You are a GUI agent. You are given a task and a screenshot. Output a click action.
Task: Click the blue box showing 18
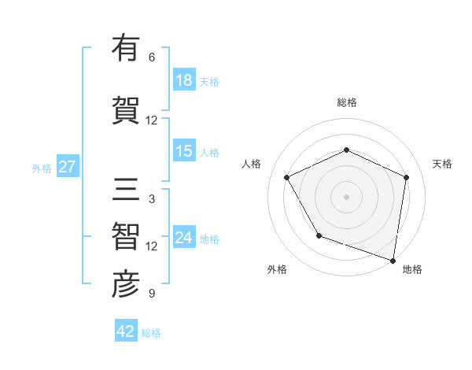(184, 80)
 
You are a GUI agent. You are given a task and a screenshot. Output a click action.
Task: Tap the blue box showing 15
(184, 151)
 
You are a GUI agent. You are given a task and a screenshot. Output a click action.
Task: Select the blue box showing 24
(184, 238)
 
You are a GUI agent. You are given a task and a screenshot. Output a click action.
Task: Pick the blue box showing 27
(67, 167)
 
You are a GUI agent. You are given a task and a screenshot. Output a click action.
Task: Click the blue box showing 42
(126, 331)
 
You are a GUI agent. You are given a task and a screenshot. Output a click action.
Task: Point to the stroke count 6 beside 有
(152, 57)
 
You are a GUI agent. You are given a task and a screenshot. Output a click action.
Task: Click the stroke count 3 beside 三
(152, 199)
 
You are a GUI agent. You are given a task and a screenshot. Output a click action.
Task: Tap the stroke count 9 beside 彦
(152, 294)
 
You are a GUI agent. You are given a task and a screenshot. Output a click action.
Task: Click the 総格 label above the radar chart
(347, 102)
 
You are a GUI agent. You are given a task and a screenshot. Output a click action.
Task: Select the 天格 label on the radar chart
(443, 164)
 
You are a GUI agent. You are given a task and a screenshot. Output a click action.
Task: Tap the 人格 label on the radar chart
(251, 164)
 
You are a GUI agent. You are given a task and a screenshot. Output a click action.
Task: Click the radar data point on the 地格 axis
(393, 260)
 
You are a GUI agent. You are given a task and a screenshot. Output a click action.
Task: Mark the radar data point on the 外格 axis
(319, 235)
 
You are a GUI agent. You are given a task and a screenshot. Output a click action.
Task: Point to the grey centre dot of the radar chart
(347, 196)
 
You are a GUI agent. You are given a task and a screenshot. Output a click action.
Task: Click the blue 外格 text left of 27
(41, 168)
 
